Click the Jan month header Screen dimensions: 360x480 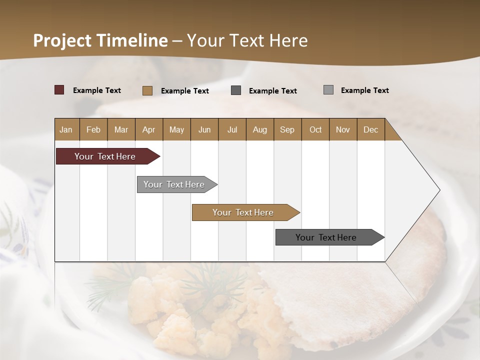[66, 129]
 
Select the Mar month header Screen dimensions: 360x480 [121, 129]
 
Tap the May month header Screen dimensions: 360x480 [176, 129]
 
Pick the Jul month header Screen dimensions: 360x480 [232, 129]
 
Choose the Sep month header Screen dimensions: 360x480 [287, 129]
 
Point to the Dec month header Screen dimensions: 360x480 [370, 129]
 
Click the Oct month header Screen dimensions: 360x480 [315, 129]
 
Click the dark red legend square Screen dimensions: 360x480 [59, 90]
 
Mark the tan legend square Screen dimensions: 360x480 [147, 90]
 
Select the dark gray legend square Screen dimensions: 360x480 [236, 90]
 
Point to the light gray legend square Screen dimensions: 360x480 [328, 90]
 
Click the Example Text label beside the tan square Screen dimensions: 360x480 [185, 91]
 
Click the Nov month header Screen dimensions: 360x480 [342, 129]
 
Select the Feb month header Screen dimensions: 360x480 [93, 129]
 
